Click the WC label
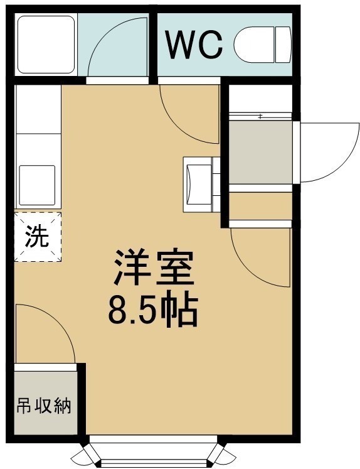(194, 45)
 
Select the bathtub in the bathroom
(46, 45)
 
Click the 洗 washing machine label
(37, 235)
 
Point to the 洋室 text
(154, 266)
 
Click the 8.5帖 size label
(153, 310)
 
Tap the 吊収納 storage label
(44, 406)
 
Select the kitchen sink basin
(37, 185)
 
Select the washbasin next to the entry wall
(199, 185)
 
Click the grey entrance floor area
(260, 152)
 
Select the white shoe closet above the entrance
(260, 99)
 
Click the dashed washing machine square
(38, 237)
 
